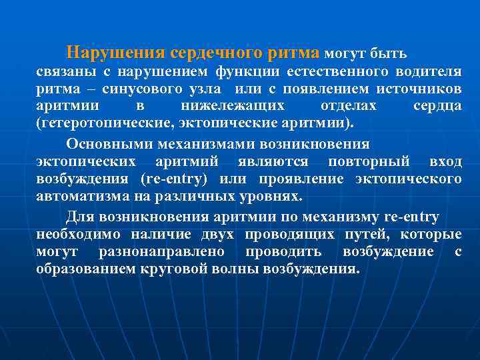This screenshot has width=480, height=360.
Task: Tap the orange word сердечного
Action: tap(215, 52)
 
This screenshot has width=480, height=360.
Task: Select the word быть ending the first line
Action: tap(389, 53)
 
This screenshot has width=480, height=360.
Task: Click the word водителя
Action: tap(428, 71)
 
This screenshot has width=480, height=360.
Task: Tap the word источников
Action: tap(419, 89)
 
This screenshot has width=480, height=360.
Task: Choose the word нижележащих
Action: tap(233, 106)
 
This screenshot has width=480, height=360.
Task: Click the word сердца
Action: tap(437, 106)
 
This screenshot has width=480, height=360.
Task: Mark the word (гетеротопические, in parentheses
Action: tap(98, 123)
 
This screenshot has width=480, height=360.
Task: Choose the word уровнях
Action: tap(269, 197)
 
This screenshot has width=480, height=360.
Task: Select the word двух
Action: tap(217, 235)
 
